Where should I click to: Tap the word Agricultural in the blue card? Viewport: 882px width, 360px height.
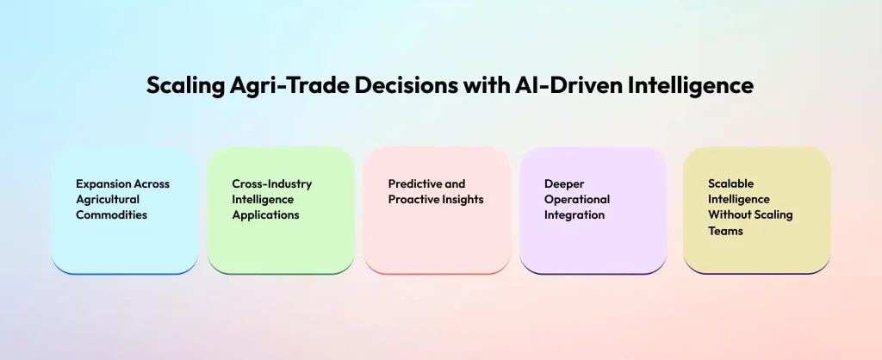(108, 200)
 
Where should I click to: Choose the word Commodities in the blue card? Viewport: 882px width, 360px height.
(112, 215)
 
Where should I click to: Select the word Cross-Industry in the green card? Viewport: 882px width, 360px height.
(272, 184)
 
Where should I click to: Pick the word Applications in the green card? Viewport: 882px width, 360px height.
(265, 215)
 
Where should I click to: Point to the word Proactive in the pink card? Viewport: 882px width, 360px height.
(415, 200)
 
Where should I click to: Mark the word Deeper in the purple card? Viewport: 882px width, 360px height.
(564, 184)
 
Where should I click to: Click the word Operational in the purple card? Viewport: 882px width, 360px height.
(577, 200)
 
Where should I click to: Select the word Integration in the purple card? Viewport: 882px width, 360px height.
(575, 215)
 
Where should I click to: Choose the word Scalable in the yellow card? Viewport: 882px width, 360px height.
(730, 184)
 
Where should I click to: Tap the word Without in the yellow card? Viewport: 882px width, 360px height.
(729, 215)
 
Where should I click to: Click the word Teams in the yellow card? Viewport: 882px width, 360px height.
(725, 231)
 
